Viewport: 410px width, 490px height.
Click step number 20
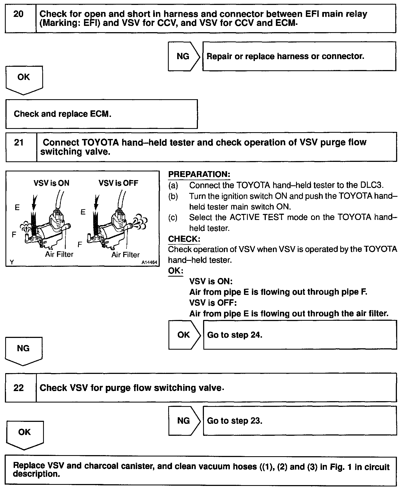pyautogui.click(x=19, y=14)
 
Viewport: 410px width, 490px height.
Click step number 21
pyautogui.click(x=19, y=143)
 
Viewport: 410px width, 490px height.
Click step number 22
pyautogui.click(x=19, y=388)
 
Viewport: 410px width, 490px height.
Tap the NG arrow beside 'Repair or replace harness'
pyautogui.click(x=183, y=56)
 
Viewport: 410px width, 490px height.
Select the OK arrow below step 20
pyautogui.click(x=24, y=79)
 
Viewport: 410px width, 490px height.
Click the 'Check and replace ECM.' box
pyautogui.click(x=101, y=114)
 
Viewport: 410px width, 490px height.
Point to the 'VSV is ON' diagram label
pyautogui.click(x=52, y=183)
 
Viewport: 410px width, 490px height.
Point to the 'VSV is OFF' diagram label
pyautogui.click(x=118, y=183)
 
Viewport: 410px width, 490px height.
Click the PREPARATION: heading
pyautogui.click(x=199, y=174)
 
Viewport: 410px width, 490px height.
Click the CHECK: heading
pyautogui.click(x=184, y=239)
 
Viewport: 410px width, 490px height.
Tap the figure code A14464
pyautogui.click(x=149, y=262)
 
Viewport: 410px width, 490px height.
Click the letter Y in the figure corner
pyautogui.click(x=12, y=262)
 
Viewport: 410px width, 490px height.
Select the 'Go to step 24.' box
pyautogui.click(x=300, y=335)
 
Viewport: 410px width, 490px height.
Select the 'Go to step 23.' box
pyautogui.click(x=300, y=421)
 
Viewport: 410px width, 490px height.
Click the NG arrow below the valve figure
pyautogui.click(x=23, y=350)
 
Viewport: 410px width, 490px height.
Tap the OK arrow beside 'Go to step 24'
pyautogui.click(x=184, y=335)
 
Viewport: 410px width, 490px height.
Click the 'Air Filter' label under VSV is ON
pyautogui.click(x=59, y=254)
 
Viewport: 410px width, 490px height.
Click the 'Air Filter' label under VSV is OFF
pyautogui.click(x=125, y=255)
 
